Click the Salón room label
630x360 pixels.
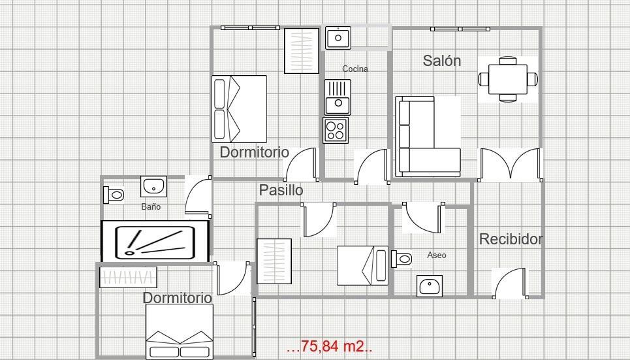[x=442, y=61]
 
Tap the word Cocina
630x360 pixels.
[x=355, y=69]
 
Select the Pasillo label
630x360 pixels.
[x=281, y=190]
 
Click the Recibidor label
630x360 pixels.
[x=511, y=239]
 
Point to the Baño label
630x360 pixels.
[x=151, y=206]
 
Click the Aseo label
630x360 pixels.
[x=437, y=255]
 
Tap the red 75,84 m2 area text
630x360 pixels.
[x=329, y=346]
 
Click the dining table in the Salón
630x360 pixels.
[x=508, y=79]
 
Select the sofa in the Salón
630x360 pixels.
[x=428, y=136]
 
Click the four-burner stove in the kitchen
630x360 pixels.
[x=336, y=130]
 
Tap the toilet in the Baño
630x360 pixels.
[x=114, y=194]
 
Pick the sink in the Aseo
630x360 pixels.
[x=430, y=286]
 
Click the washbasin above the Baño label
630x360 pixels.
[x=154, y=186]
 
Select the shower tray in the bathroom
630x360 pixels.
[x=155, y=241]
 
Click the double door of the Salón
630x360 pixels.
[x=511, y=165]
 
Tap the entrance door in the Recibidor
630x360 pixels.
[x=509, y=283]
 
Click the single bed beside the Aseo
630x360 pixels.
[x=362, y=265]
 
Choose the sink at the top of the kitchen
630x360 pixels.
[x=338, y=38]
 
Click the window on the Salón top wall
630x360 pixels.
[x=460, y=29]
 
